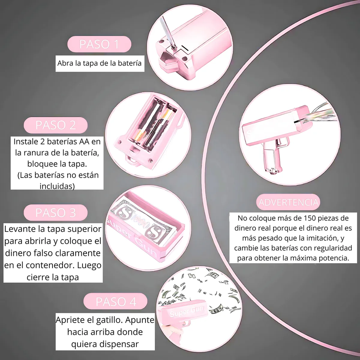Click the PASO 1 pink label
[99, 44]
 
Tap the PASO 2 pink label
[55, 125]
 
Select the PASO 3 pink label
[55, 213]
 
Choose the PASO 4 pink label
[115, 301]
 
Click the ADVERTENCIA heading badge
[288, 202]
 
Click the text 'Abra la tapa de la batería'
[99, 63]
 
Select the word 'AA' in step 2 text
[84, 141]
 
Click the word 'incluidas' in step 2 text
[57, 186]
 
